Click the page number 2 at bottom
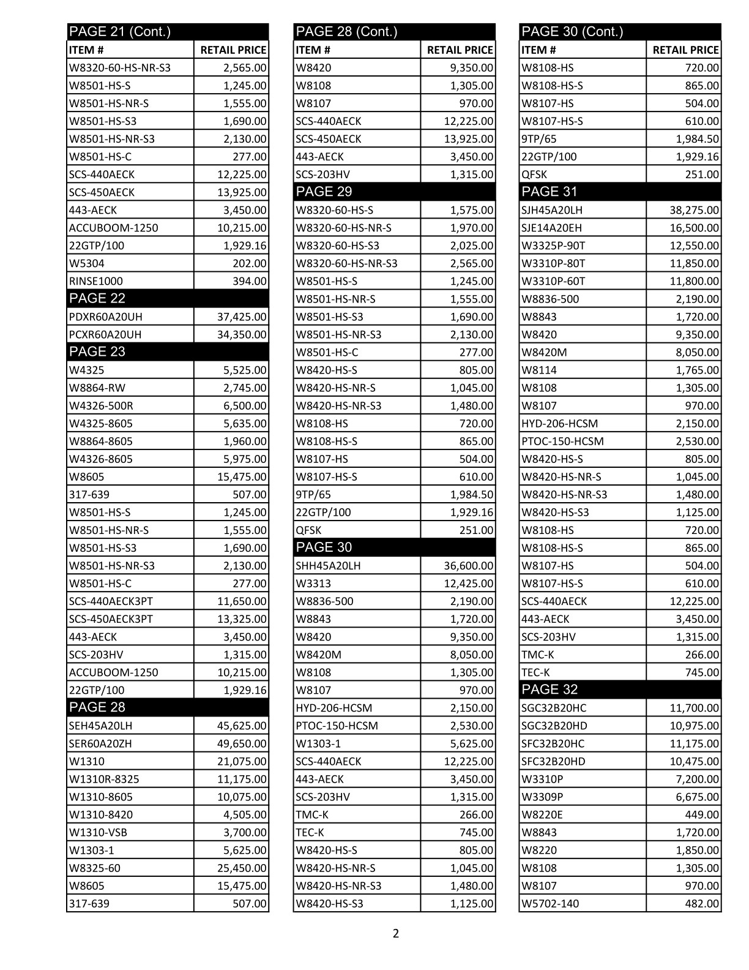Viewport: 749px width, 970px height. tap(395, 934)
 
